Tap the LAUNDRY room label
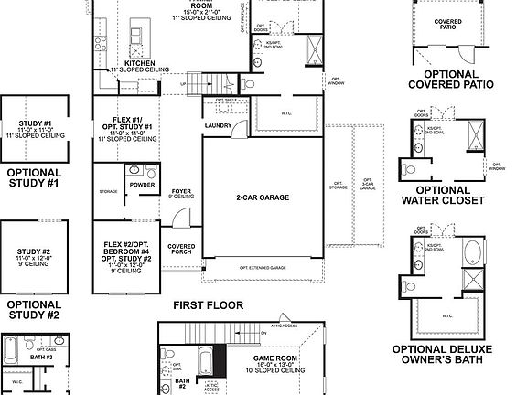(x=218, y=125)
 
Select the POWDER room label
(x=142, y=184)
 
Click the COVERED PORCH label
(x=180, y=251)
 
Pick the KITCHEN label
(x=126, y=64)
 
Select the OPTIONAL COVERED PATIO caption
(x=450, y=80)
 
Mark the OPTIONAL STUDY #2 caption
(x=34, y=310)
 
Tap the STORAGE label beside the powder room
(x=109, y=192)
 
